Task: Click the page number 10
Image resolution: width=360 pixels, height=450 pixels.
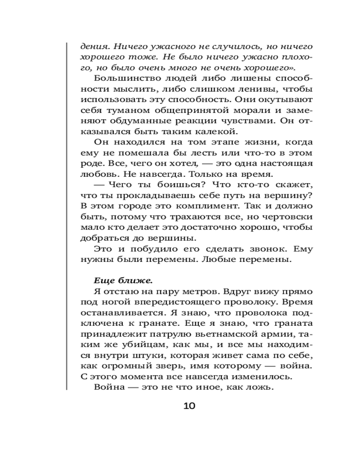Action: click(189, 406)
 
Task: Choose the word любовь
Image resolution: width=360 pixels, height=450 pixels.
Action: click(95, 174)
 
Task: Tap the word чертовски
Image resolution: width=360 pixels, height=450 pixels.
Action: click(290, 217)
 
